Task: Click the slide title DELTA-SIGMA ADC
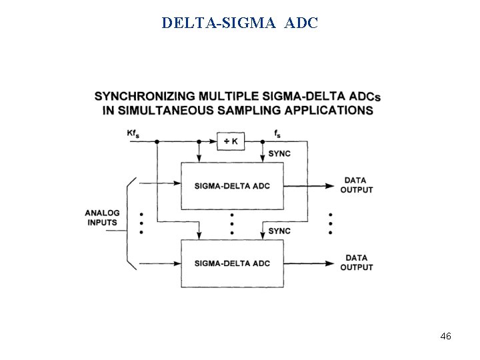[x=240, y=23]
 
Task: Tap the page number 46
[x=446, y=337]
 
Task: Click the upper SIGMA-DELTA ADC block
[x=232, y=185]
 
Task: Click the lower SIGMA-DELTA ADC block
[x=232, y=263]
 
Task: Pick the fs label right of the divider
[x=277, y=134]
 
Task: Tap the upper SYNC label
[x=279, y=154]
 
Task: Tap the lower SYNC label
[x=279, y=231]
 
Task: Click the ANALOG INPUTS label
[x=102, y=218]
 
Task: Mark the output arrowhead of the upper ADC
[x=328, y=186]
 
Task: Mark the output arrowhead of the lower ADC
[x=328, y=263]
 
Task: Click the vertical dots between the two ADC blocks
[x=231, y=223]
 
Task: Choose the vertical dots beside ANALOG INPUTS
[x=141, y=223]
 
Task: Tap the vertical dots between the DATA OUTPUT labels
[x=330, y=223]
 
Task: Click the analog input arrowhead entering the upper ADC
[x=177, y=180]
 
